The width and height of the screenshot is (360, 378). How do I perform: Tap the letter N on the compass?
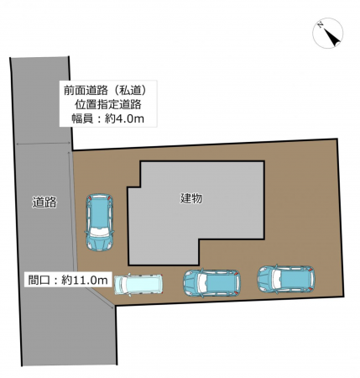321,28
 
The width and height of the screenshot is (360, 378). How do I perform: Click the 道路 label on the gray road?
44,202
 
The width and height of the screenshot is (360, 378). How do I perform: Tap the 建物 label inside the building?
192,199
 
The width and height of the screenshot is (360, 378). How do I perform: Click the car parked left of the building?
99,223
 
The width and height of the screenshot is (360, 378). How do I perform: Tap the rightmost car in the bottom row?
285,278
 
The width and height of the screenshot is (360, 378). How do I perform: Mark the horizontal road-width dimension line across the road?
42,144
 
